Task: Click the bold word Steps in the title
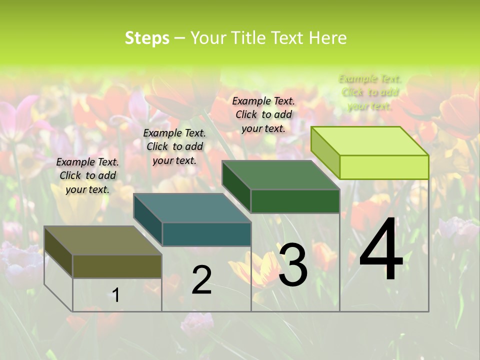click(147, 38)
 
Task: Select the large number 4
click(381, 250)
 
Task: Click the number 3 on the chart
click(293, 265)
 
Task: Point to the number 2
click(201, 280)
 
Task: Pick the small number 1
click(116, 295)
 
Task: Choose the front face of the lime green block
click(384, 167)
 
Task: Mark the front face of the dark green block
click(295, 201)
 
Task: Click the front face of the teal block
click(206, 234)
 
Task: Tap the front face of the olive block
click(117, 266)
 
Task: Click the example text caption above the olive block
click(87, 175)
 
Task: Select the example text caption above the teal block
click(174, 146)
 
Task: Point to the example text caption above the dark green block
click(263, 114)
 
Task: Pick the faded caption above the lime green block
click(370, 92)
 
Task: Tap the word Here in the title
click(328, 38)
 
